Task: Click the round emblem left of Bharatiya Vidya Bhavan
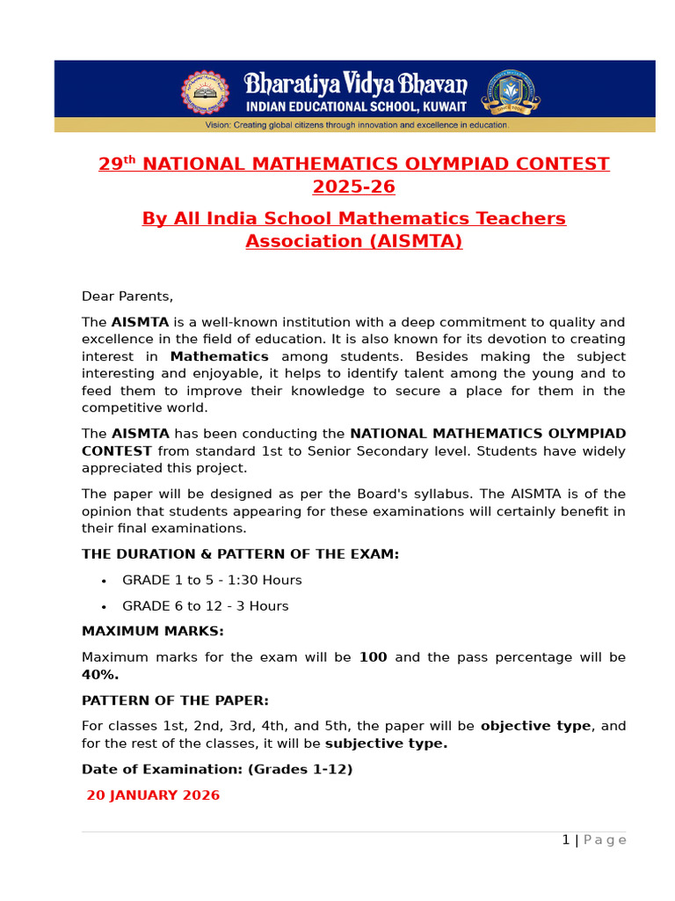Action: [205, 92]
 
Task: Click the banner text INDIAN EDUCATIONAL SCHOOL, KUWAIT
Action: [356, 106]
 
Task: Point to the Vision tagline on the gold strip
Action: [356, 125]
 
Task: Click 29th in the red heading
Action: [116, 164]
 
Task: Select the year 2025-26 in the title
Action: [353, 187]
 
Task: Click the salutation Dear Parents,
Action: [127, 297]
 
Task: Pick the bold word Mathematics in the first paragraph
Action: [219, 356]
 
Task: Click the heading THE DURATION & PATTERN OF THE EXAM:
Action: [240, 554]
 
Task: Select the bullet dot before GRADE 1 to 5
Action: [104, 581]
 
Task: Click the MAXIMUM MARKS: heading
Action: [153, 632]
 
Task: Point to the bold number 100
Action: [373, 657]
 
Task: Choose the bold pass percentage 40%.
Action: [100, 675]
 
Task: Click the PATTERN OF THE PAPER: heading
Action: [175, 700]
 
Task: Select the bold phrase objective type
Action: [536, 726]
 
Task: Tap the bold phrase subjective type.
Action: [386, 744]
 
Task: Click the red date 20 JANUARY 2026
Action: [153, 795]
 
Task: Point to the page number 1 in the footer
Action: [566, 840]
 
